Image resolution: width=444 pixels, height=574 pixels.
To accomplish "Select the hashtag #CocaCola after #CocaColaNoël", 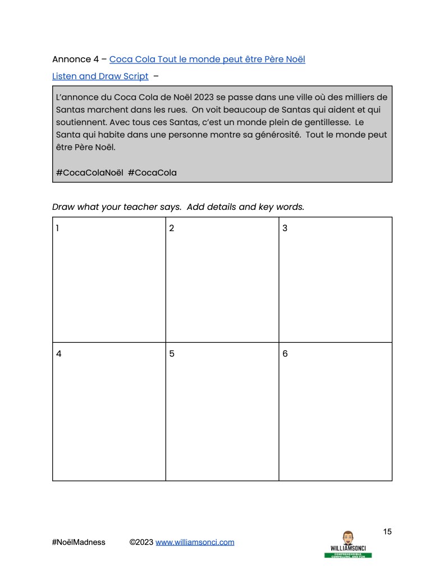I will [x=152, y=172].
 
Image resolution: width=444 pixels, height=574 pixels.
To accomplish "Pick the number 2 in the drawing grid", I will [x=172, y=228].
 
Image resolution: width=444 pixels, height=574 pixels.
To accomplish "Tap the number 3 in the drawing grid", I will [x=285, y=228].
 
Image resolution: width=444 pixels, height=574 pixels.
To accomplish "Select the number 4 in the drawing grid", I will [x=58, y=354].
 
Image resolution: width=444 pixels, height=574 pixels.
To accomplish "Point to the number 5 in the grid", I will [x=172, y=354].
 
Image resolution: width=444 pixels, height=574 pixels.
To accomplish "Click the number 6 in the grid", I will [x=285, y=354].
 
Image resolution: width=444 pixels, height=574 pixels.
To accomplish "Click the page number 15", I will [x=387, y=531].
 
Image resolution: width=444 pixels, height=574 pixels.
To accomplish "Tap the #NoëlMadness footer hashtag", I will [x=78, y=542].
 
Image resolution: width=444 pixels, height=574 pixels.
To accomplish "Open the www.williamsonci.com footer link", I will [x=195, y=542].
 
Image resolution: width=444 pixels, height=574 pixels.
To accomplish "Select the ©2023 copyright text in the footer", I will [x=141, y=542].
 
